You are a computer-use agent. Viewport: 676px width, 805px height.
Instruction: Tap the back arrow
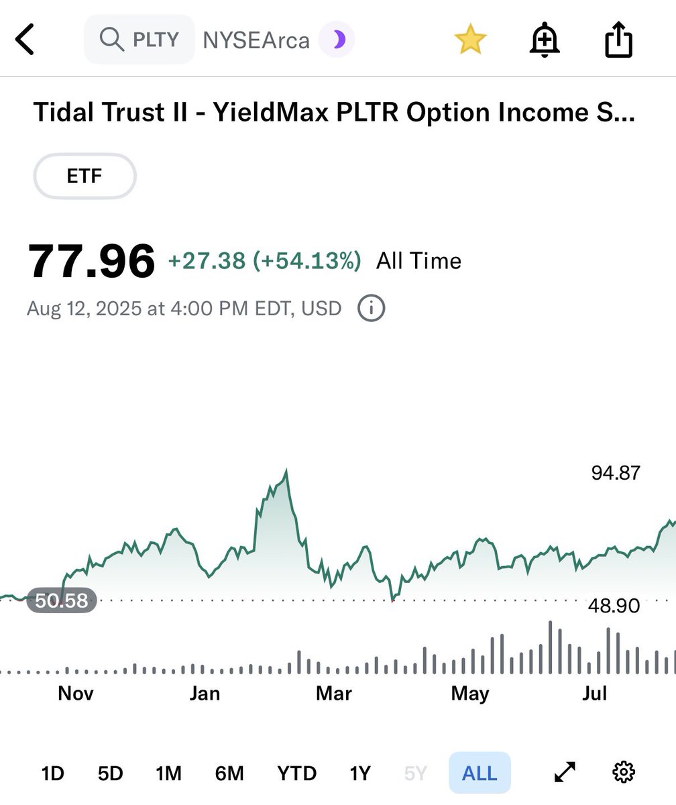(x=25, y=40)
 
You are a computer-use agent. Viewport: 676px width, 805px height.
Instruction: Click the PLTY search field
(x=139, y=40)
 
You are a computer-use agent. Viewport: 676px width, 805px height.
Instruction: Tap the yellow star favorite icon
(x=470, y=40)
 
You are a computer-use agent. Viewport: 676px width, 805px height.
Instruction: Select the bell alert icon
(x=545, y=40)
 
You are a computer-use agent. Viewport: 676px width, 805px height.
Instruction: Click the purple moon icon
(x=337, y=40)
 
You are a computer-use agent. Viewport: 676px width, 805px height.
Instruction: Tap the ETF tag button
(x=84, y=176)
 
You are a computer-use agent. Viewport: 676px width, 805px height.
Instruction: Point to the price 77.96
(x=92, y=261)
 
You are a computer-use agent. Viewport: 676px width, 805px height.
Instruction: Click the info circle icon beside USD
(x=372, y=309)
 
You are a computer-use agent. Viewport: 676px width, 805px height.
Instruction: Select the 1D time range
(x=52, y=773)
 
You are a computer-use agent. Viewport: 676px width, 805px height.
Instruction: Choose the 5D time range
(x=111, y=773)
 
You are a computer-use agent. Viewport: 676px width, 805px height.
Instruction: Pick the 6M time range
(x=229, y=773)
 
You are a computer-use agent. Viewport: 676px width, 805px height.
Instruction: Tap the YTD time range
(x=296, y=773)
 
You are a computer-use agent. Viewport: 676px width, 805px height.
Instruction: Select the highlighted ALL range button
(x=480, y=773)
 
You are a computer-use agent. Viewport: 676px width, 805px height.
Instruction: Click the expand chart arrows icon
(x=565, y=773)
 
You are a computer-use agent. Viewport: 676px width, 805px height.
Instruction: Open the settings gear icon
(x=624, y=773)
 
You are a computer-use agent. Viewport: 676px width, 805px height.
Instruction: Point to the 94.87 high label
(x=616, y=473)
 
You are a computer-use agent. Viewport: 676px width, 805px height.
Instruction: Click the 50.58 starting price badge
(x=62, y=600)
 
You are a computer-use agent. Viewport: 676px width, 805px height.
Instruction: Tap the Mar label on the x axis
(x=334, y=693)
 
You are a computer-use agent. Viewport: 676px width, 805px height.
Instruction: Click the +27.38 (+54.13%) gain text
(x=264, y=260)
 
